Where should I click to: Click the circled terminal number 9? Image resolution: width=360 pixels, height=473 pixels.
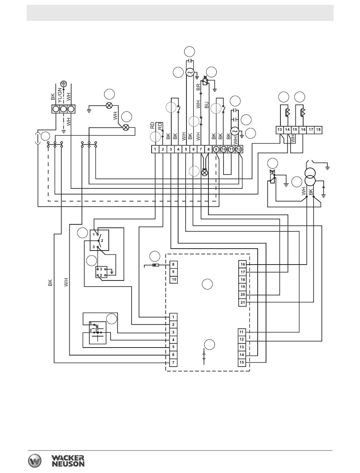point(216,149)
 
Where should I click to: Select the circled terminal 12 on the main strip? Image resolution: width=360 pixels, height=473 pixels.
point(239,149)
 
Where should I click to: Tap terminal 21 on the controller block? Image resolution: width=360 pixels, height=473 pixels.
point(243,302)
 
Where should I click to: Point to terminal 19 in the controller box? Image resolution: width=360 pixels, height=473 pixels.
point(243,287)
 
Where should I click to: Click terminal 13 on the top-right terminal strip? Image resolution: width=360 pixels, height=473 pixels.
point(280,130)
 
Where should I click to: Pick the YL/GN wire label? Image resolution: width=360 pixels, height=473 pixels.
point(60,95)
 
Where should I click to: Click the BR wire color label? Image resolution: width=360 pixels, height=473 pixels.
point(198,87)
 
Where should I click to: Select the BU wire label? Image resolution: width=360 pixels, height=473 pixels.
point(207,105)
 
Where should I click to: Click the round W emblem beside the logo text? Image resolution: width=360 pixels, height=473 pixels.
point(34,460)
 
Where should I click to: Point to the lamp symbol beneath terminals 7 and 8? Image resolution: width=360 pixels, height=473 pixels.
point(204,172)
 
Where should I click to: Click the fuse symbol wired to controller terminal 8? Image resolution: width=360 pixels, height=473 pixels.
point(155,265)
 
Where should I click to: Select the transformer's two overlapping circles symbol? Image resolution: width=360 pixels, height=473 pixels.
point(310,175)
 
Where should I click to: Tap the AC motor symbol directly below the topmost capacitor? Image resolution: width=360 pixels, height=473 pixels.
point(190,73)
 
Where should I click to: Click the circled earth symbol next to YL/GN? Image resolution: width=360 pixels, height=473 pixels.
point(63,84)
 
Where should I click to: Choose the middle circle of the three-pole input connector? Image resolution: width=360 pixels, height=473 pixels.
point(63,109)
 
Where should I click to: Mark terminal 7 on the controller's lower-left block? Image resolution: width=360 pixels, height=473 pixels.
point(174,363)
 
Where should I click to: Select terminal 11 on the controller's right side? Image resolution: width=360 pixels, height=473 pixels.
point(242,332)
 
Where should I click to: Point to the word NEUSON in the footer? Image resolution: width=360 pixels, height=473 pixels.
point(68,464)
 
